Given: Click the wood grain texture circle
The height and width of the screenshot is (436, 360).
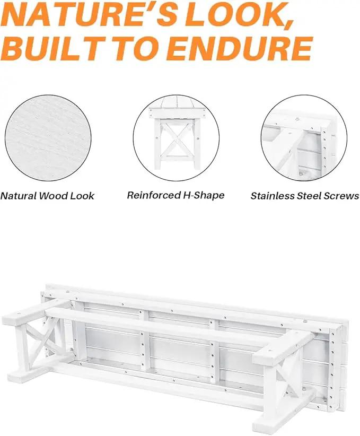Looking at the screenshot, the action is click(x=48, y=138).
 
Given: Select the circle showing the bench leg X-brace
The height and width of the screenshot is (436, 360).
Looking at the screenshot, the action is click(x=176, y=138).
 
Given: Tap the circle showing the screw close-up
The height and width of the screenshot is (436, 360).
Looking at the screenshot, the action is click(x=304, y=138).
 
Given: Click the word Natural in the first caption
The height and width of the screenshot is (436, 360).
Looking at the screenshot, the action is click(x=19, y=196).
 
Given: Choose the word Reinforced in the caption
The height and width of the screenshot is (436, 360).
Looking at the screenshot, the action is click(x=153, y=195).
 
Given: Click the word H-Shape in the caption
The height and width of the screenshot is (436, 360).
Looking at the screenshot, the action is click(x=204, y=196).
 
